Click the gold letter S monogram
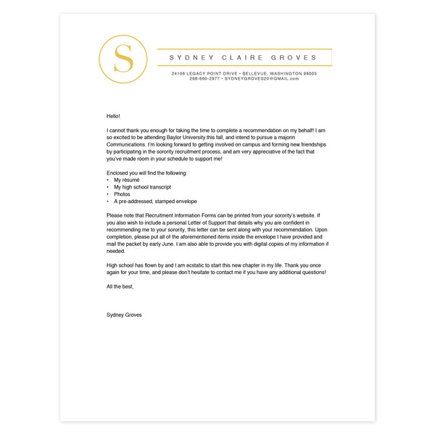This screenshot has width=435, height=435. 124,58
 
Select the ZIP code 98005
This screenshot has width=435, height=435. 310,73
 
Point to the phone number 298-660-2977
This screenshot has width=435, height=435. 205,78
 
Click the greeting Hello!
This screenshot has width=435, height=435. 113,116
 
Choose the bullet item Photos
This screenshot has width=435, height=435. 122,194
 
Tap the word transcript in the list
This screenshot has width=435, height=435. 158,187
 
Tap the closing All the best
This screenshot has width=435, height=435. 120,286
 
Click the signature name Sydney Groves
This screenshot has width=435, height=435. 124,315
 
